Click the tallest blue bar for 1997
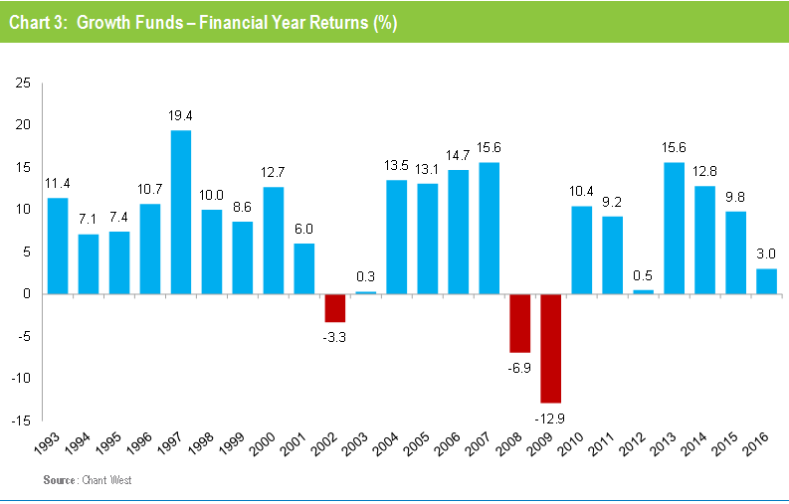[x=180, y=212]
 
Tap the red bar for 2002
[x=334, y=307]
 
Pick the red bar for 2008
[x=518, y=323]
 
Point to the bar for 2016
[x=765, y=281]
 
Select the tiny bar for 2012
[x=642, y=291]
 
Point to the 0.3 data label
[x=365, y=276]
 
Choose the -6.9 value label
[x=518, y=367]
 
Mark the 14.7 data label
[x=457, y=155]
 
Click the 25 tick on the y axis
[x=22, y=83]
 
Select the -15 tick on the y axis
[x=20, y=420]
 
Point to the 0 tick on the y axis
[x=26, y=294]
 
